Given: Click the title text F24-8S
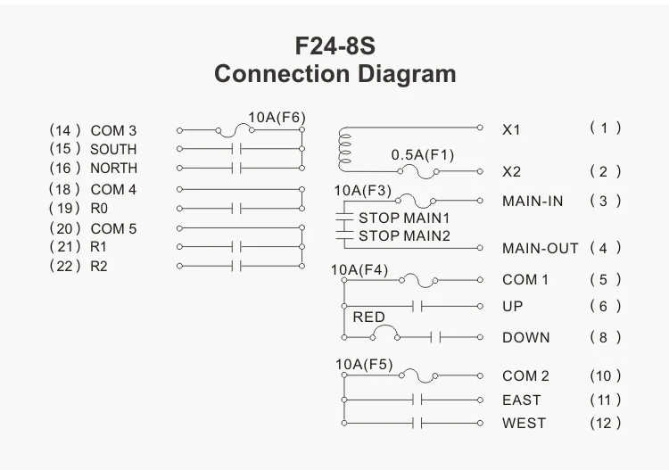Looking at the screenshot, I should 334,45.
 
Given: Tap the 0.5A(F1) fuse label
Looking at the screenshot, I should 422,155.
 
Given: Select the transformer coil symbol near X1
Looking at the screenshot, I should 344,149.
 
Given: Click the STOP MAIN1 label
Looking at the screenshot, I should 404,218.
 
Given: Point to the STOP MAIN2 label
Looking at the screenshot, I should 404,236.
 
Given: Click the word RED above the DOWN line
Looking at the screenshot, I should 368,317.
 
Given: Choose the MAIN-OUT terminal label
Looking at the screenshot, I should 540,249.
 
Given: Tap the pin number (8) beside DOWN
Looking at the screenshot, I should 605,338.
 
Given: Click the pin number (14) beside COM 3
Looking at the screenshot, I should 65,131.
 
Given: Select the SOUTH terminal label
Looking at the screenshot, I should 113,150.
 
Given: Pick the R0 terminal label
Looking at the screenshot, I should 99,209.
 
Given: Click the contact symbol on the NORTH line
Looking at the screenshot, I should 237,168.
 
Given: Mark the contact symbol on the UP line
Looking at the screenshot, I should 417,307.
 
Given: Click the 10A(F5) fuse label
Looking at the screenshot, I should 363,364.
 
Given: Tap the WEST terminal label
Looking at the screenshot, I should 524,423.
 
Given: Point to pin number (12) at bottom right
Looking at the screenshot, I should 605,423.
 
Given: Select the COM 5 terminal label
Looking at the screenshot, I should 113,228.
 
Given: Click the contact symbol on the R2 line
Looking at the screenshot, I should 237,266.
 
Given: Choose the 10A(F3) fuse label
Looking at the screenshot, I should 362,190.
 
